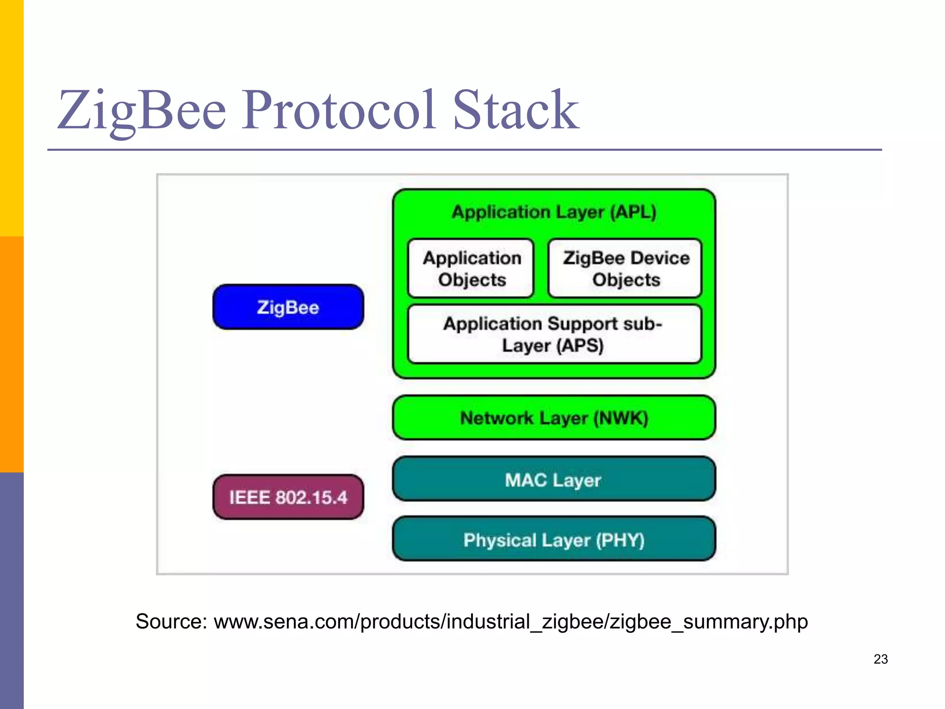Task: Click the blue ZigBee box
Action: [288, 307]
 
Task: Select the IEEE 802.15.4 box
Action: [288, 497]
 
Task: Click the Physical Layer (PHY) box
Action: [553, 539]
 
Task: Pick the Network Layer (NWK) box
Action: [553, 418]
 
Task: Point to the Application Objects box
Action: [471, 269]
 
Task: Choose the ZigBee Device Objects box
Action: [625, 269]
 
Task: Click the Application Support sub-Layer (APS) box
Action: [554, 334]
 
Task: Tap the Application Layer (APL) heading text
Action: [554, 212]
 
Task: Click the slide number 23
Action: [880, 659]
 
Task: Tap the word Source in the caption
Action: [170, 621]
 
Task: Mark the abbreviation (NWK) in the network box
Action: [621, 418]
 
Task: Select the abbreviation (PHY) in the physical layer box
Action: [620, 540]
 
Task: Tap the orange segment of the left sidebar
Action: [12, 354]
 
